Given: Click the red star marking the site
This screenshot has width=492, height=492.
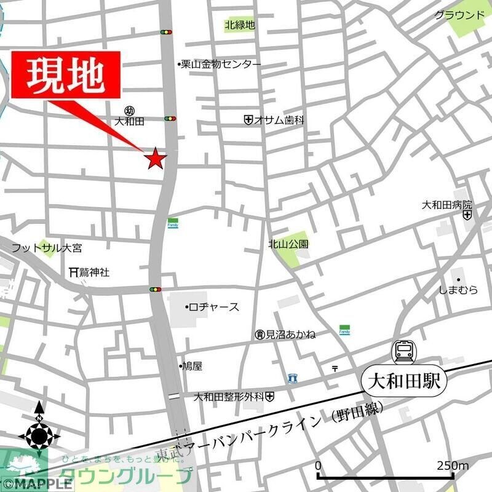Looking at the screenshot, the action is click(155, 159).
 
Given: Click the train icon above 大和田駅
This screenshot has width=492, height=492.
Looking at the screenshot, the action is click(405, 351).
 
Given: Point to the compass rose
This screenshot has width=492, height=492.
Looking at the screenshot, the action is click(39, 436).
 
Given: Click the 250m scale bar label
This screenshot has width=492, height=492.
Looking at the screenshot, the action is click(452, 465).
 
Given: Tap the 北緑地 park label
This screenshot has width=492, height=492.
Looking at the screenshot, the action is click(239, 25).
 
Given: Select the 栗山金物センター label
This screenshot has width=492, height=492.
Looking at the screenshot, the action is click(221, 64).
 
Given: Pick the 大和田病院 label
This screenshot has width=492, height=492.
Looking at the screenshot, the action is click(446, 204).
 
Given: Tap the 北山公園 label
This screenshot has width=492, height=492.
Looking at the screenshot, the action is click(288, 244).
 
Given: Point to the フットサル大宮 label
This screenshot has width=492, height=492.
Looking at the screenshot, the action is click(47, 248).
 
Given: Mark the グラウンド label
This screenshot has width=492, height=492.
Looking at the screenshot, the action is click(459, 15).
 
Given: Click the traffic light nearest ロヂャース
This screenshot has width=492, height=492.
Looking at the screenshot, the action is click(156, 289).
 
